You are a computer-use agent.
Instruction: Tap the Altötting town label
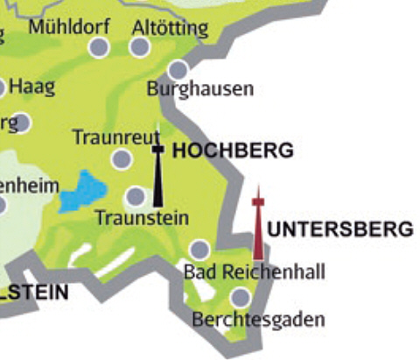coord(170,26)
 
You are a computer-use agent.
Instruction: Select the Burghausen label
coord(200,88)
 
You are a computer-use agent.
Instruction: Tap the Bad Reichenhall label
coord(254,272)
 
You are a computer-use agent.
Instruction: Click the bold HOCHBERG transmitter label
coord(233,151)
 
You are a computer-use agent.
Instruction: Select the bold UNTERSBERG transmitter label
coord(339,229)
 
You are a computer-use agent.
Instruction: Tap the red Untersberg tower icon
coord(258,223)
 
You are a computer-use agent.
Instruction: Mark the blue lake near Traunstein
coord(84,192)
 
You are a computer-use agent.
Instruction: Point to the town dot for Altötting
coord(141,47)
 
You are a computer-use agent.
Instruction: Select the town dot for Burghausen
coord(178,69)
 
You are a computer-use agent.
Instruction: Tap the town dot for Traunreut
coord(122,159)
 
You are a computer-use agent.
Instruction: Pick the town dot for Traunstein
coord(135,196)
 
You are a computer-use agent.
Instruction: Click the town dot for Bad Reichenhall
coord(199,249)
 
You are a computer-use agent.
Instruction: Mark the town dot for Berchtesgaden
coord(241,298)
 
